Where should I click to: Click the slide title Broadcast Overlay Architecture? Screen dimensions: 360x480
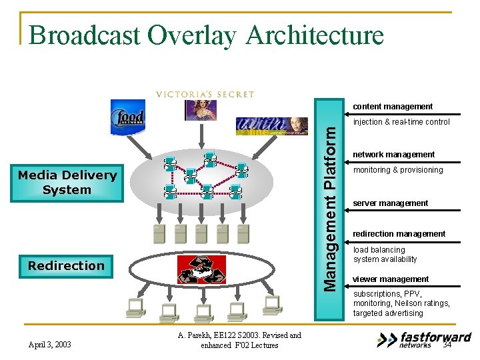click(206, 35)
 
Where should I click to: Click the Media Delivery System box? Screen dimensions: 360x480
click(67, 183)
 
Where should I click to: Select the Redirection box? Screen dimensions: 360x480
click(67, 266)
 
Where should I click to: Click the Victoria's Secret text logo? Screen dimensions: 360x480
click(205, 94)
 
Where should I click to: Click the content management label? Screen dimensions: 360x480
click(393, 107)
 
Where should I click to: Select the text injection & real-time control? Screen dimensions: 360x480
click(401, 122)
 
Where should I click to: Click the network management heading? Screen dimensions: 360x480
click(393, 155)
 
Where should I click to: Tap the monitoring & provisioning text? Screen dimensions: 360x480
click(398, 170)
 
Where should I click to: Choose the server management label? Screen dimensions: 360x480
click(391, 203)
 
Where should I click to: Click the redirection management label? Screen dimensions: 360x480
click(399, 234)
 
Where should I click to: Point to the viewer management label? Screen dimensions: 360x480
click(391, 279)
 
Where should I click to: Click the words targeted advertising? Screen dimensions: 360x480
click(388, 313)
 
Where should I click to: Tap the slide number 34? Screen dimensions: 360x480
click(447, 345)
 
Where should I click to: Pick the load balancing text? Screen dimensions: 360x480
click(379, 250)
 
